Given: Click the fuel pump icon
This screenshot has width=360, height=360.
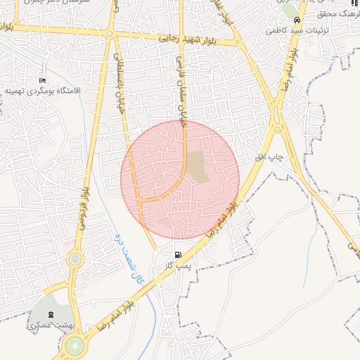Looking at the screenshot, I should pos(179,254).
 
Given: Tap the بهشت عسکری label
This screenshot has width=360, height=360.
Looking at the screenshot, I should pos(45,326).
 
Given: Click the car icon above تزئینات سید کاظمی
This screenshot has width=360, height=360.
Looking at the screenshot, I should pos(298,20).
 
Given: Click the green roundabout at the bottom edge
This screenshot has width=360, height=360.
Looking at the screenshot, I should pos(74,346).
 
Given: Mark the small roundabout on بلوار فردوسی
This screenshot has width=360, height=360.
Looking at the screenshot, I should pos(74,259).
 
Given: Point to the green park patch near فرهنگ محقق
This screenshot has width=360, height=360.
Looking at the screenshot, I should pos(288,10).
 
